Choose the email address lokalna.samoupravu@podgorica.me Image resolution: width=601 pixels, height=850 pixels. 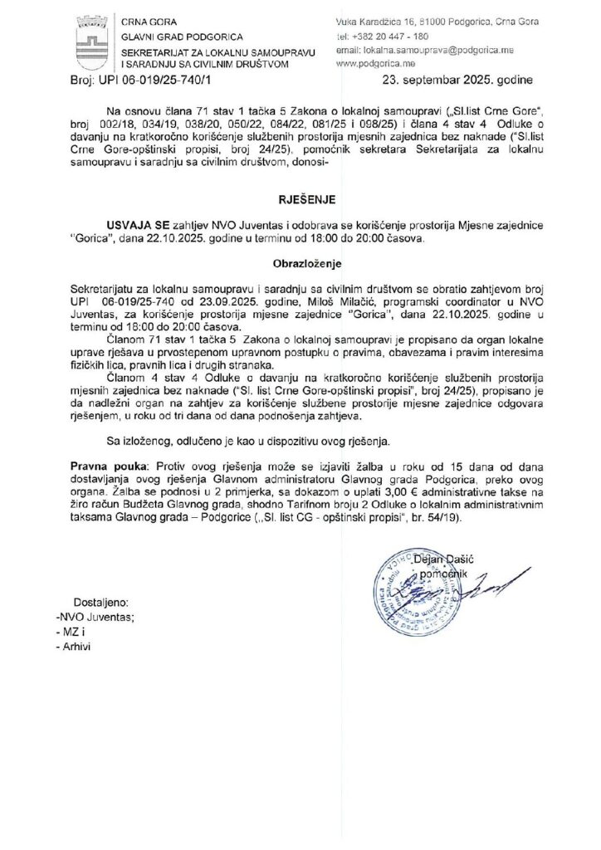(418, 50)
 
